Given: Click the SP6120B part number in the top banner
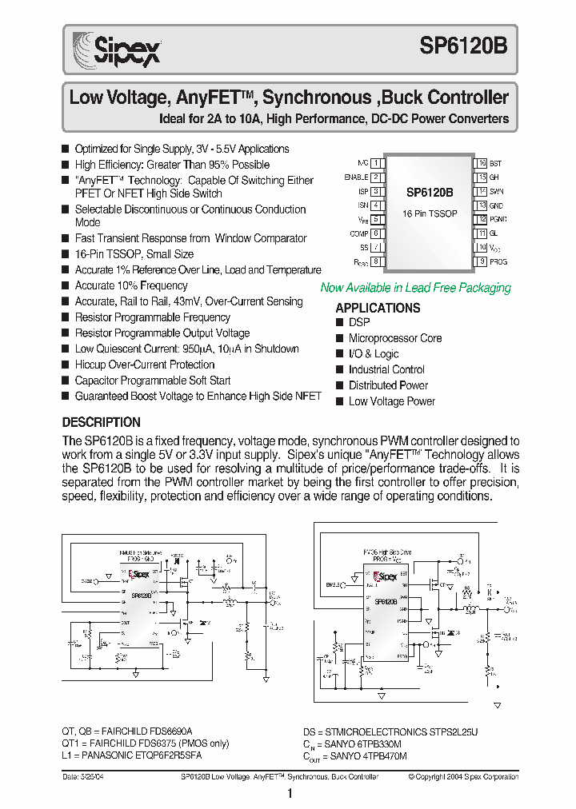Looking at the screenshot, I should (x=463, y=47).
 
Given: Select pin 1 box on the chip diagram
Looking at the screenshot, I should (x=375, y=163).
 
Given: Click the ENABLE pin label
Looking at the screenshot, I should (x=356, y=177).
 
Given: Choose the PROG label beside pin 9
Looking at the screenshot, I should (x=498, y=261).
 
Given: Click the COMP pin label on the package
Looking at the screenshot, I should (x=358, y=233).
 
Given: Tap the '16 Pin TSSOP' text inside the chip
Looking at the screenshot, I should (x=429, y=214).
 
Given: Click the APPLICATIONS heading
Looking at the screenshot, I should (x=378, y=308).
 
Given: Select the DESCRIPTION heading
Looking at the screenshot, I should (x=102, y=422).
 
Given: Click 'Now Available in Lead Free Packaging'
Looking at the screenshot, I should (x=415, y=288).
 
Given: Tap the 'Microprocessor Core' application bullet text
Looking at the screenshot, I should (x=394, y=338).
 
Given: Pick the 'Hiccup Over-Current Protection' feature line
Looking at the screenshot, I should (x=145, y=365).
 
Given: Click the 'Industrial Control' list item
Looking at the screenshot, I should (x=386, y=369).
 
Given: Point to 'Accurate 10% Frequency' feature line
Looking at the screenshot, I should (x=131, y=285).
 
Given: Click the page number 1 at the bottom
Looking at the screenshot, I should (x=290, y=794).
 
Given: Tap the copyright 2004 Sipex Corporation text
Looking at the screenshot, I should (x=463, y=776).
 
